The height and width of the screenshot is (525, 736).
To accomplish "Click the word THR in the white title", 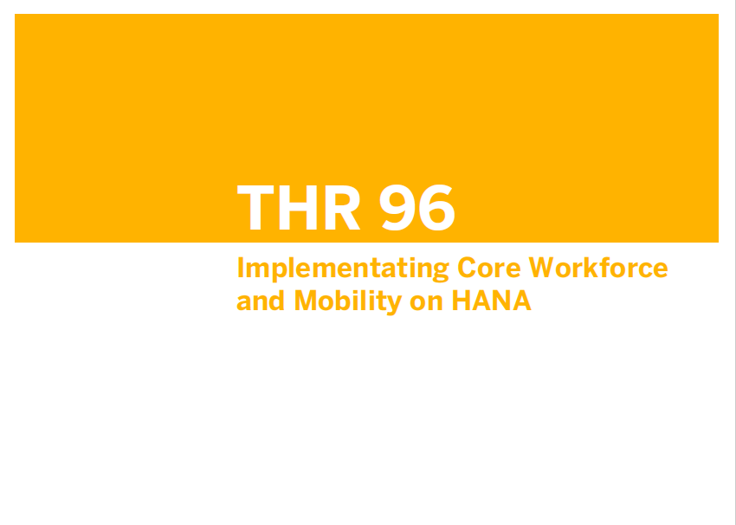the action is coord(299,207).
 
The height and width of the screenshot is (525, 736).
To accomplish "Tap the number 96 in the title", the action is coord(417,207).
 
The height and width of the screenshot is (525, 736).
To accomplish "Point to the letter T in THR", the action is coord(255,207).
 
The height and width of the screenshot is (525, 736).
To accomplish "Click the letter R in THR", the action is coord(343,207).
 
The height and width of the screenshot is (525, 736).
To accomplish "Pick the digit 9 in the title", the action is coord(398,207).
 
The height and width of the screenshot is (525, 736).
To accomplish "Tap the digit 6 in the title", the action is coord(437,207).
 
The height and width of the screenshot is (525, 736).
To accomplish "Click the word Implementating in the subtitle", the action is coord(343,269).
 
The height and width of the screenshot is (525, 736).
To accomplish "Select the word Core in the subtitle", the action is coord(489,268).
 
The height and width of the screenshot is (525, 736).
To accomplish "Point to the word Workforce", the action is coord(598,267).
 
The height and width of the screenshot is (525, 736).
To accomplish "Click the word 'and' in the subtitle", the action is coord(261,301).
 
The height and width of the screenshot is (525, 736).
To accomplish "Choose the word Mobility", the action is coord(348,302).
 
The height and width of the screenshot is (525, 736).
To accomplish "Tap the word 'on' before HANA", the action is coord(426,303).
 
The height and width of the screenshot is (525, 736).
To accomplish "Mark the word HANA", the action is coord(492,301).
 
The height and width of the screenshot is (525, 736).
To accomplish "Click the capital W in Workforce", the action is coord(541,268).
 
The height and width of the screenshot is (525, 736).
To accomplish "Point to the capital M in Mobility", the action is coord(305,301).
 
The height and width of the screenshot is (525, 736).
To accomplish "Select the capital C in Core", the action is coord(467,268).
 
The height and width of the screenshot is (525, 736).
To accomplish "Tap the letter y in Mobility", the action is coord(394,305).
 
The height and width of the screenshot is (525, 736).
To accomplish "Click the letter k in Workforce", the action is coord(590,267).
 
